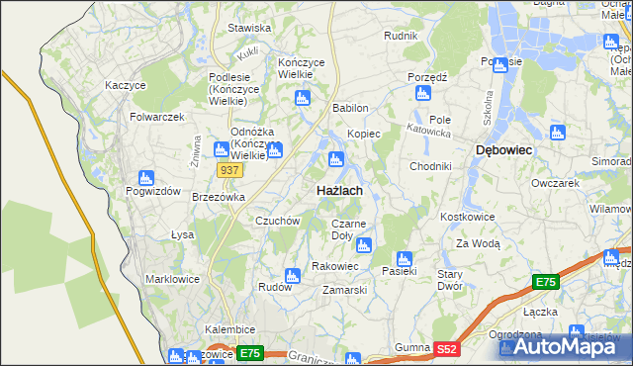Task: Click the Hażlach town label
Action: click(x=338, y=190)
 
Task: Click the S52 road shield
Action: click(x=448, y=348)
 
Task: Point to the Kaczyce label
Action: click(x=126, y=85)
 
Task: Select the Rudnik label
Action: click(x=401, y=36)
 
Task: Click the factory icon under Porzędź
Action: click(x=423, y=93)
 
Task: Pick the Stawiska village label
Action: click(x=249, y=28)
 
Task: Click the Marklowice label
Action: click(x=172, y=279)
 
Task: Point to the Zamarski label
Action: click(x=345, y=290)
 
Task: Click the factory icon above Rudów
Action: click(x=292, y=275)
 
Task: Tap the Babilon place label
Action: click(x=351, y=108)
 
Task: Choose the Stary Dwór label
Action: click(x=450, y=279)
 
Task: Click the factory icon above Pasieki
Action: click(x=403, y=257)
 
